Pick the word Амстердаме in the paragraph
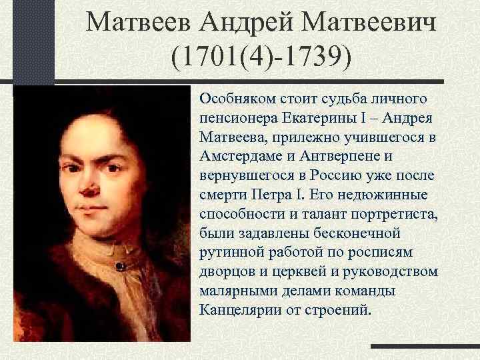[237, 155]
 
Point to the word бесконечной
[360, 234]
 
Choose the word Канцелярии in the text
[234, 310]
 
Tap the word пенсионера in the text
[235, 118]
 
